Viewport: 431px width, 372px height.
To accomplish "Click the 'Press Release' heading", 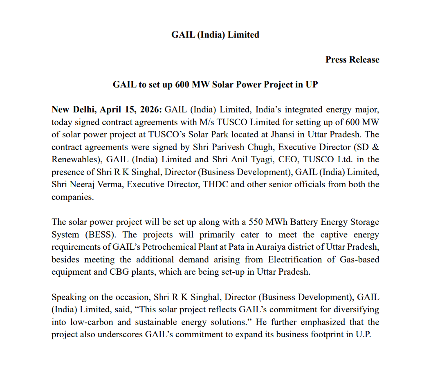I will (x=352, y=60).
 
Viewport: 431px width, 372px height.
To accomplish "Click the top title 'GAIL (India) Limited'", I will (x=215, y=35).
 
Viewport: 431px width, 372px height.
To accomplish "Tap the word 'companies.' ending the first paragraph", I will (x=72, y=197).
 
